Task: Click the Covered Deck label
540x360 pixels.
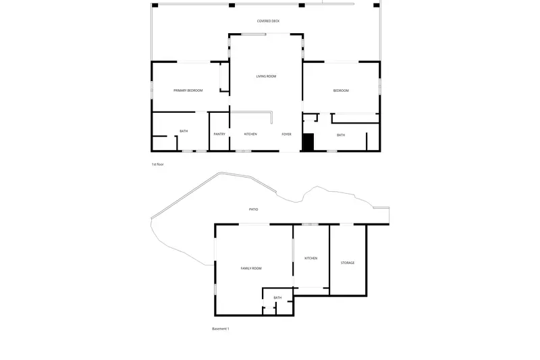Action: (x=268, y=21)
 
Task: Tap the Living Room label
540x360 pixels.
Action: (x=266, y=76)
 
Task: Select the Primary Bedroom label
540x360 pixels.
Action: (x=188, y=91)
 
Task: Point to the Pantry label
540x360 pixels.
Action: (x=219, y=134)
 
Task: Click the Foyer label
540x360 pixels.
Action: (x=286, y=134)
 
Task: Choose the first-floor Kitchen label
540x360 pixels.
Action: (x=250, y=134)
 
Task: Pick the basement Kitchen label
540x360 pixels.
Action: (x=311, y=258)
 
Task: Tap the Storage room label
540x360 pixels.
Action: (x=348, y=263)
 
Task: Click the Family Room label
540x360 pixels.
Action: (x=251, y=268)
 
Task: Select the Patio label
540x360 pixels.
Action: (x=254, y=209)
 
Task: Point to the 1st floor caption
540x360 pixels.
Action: (x=158, y=164)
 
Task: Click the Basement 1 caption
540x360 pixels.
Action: (x=221, y=329)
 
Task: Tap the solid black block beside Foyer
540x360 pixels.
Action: (x=308, y=142)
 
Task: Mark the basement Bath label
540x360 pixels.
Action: (x=277, y=298)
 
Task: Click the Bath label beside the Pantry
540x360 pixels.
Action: (x=184, y=131)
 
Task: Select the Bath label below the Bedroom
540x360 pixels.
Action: (x=341, y=135)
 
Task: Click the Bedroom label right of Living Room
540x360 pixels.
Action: (x=341, y=91)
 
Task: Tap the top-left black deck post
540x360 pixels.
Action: (x=155, y=5)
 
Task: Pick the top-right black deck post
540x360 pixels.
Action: (x=377, y=5)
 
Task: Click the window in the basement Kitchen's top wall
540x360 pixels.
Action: (x=310, y=224)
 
